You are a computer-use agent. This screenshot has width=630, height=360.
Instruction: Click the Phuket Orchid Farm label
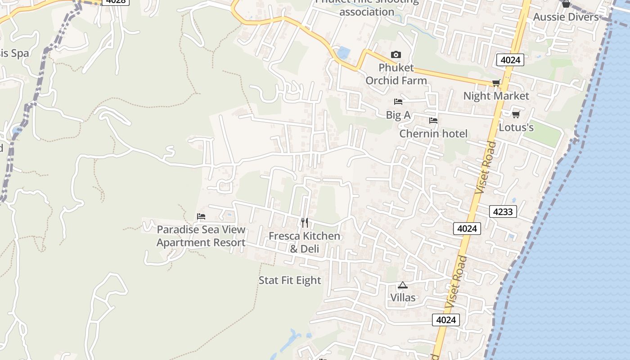(x=396, y=74)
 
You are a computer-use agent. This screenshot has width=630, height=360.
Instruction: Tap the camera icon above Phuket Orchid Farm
(x=396, y=55)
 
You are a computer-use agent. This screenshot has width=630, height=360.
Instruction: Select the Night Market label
(x=496, y=96)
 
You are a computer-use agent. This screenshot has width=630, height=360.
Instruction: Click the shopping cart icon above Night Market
(x=496, y=83)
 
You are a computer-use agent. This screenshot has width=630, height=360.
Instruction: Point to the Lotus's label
(x=516, y=127)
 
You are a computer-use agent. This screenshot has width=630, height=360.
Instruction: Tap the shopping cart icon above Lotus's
(x=516, y=114)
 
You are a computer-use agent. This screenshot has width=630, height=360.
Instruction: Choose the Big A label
(x=398, y=115)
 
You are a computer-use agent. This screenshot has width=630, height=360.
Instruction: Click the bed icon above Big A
(x=398, y=102)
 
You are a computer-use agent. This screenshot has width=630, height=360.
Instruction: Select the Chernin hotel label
(x=433, y=134)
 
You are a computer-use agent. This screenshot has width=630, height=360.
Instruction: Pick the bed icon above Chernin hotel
(x=433, y=121)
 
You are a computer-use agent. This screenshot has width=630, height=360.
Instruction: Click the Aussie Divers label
(x=566, y=17)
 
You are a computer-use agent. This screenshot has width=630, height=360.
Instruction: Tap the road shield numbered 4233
(x=503, y=211)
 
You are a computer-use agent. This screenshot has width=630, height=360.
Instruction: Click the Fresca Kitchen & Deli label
(x=305, y=242)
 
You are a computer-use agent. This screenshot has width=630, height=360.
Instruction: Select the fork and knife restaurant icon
(x=305, y=222)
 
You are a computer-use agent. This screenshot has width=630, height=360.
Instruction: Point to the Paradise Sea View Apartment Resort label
(x=201, y=236)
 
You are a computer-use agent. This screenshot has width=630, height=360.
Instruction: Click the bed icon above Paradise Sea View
(x=201, y=216)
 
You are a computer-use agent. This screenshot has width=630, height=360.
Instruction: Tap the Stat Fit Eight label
(x=290, y=280)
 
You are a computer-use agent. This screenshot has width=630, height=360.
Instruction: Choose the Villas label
(x=403, y=297)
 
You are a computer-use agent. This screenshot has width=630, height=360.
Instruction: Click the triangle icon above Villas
(x=403, y=285)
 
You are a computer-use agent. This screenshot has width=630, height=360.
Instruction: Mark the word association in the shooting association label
(x=367, y=12)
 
